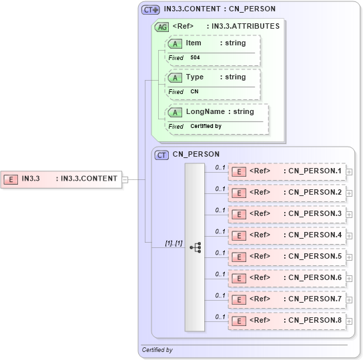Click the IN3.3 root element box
click(x=61, y=179)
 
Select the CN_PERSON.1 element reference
click(x=287, y=171)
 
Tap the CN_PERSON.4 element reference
click(x=287, y=235)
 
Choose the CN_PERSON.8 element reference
click(x=287, y=321)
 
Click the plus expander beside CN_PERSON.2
click(x=349, y=193)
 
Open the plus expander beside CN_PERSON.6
click(x=349, y=279)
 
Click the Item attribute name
click(x=194, y=43)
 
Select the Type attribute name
click(x=195, y=77)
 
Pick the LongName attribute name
click(x=204, y=112)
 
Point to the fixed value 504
click(x=195, y=58)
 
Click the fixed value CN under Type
click(x=194, y=92)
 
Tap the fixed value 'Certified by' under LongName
click(x=206, y=127)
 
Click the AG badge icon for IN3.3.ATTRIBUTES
click(x=161, y=27)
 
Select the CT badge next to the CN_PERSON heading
click(x=161, y=155)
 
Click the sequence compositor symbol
click(x=195, y=247)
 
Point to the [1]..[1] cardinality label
click(x=173, y=243)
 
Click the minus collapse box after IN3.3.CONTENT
click(x=125, y=179)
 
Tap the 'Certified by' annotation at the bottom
click(x=157, y=350)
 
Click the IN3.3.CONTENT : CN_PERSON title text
click(x=219, y=9)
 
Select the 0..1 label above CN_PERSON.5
click(x=220, y=253)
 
